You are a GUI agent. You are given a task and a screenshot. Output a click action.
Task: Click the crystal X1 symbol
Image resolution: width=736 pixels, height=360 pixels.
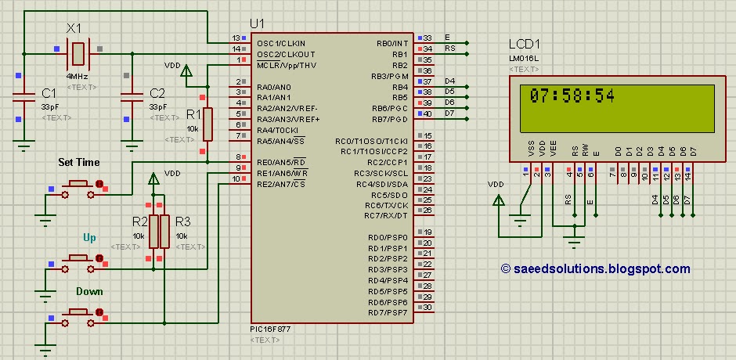pos(78,53)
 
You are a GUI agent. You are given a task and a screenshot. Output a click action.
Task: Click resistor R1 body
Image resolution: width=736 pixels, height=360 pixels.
pos(207,124)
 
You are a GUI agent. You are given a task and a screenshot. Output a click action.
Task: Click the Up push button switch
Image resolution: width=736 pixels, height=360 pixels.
pos(78,258)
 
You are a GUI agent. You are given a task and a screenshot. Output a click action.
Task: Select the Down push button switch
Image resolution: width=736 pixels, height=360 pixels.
pos(78,313)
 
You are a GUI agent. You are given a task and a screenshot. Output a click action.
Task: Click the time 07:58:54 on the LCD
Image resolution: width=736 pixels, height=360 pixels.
pos(572,96)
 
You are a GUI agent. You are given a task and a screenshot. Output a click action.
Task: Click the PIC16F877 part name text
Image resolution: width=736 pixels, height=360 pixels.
pos(270,329)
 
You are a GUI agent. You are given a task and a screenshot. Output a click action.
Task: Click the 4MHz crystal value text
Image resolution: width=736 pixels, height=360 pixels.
pos(77,77)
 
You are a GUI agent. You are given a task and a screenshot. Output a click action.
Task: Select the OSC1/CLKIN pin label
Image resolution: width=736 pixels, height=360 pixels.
pos(281,42)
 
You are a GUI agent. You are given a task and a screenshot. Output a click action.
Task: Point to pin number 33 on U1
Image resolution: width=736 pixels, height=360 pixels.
pos(428,38)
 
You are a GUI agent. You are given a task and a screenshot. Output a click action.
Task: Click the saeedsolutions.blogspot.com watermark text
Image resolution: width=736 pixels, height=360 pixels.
pos(595,268)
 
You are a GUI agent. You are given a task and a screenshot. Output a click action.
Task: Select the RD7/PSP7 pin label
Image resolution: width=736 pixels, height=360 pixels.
pos(388,313)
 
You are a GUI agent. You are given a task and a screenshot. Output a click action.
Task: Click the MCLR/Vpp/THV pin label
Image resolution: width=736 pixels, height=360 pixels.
pos(286,65)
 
